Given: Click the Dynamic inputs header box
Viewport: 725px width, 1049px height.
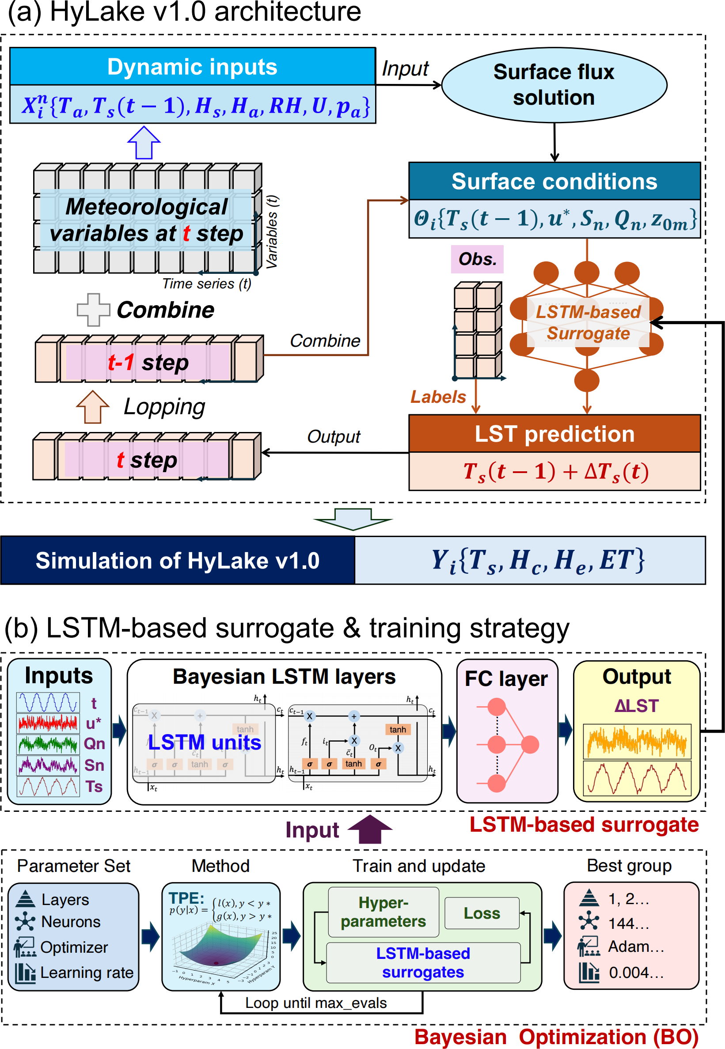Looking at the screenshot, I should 192,67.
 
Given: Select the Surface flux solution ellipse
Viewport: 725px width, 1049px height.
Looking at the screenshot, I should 554,85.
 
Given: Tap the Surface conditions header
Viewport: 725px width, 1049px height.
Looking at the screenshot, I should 554,181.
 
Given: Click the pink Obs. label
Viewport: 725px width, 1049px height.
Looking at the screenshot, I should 477,259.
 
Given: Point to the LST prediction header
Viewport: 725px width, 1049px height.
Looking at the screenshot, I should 554,434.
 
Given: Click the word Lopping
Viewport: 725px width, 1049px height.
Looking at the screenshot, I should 164,407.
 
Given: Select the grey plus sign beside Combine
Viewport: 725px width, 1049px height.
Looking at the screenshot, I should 93,310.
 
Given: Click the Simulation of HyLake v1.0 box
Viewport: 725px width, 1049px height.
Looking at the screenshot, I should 178,560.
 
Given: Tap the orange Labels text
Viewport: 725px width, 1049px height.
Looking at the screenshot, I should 438,397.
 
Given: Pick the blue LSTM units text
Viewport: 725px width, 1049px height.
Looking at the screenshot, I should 205,742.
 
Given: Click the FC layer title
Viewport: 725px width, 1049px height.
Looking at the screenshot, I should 506,679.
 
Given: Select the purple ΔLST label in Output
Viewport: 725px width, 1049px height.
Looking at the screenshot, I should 637,706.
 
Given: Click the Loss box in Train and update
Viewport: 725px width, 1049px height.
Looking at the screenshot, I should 482,913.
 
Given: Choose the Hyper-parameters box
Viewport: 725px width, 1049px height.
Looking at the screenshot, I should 383,912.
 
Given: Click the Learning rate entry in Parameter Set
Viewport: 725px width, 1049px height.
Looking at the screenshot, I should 87,972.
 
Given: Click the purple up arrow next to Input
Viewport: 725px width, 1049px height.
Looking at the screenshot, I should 370,829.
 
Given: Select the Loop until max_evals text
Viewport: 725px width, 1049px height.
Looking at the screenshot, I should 316,1003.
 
